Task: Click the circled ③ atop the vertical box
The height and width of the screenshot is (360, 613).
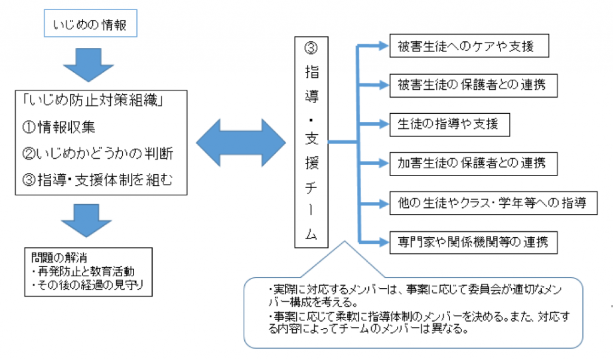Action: tap(312, 49)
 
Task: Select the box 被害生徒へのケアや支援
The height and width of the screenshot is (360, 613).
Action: tap(469, 46)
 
